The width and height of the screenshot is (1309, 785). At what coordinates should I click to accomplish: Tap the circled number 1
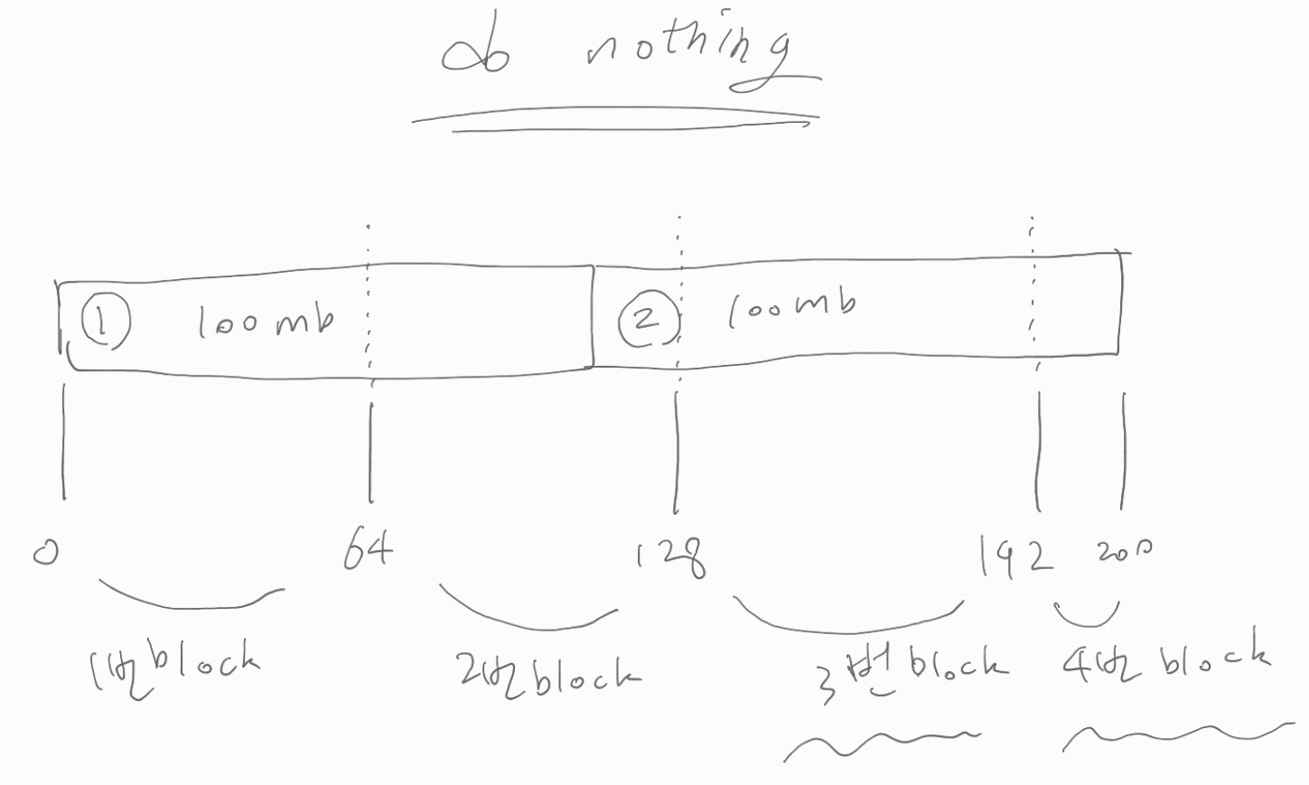[x=105, y=322]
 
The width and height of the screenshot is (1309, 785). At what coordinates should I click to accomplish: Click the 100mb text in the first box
[x=266, y=321]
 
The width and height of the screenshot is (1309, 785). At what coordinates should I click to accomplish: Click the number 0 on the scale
[x=45, y=551]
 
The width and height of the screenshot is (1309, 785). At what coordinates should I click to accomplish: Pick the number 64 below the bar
[x=368, y=549]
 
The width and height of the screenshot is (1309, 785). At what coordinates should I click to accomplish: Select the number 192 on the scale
[x=1016, y=556]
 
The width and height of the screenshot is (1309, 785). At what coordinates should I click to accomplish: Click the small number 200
[x=1124, y=550]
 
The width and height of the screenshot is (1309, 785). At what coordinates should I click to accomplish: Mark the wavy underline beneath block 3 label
[x=881, y=743]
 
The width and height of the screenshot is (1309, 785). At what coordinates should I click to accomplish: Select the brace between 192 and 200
[x=1087, y=616]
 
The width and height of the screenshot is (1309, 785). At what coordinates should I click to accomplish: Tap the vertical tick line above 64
[x=370, y=452]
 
